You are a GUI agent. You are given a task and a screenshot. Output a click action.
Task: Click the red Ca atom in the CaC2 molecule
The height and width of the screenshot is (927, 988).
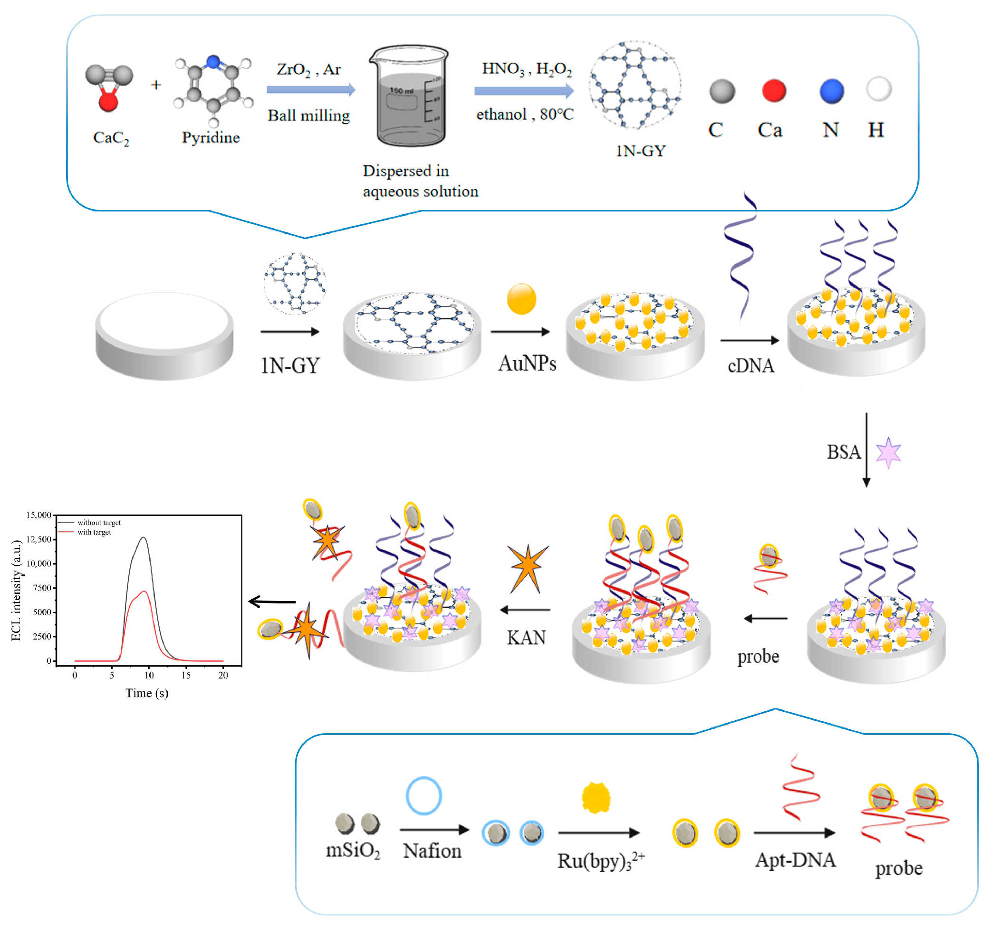(x=108, y=102)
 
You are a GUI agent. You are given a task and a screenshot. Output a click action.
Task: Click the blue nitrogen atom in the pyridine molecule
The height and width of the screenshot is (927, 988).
(x=213, y=62)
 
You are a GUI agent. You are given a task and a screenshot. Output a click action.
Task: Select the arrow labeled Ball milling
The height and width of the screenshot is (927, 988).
(x=311, y=90)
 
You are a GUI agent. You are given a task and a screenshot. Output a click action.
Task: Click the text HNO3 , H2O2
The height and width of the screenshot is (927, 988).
(x=527, y=69)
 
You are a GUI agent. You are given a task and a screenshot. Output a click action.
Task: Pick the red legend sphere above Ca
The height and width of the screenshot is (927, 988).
(x=773, y=91)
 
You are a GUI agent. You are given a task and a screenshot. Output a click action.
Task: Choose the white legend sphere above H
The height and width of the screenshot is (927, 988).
(x=878, y=89)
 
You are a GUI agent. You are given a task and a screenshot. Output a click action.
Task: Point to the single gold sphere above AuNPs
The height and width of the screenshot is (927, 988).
(x=521, y=299)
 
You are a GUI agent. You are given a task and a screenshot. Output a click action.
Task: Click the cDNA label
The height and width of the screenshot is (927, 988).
(x=750, y=366)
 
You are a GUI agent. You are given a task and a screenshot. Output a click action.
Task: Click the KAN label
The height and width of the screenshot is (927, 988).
(x=526, y=638)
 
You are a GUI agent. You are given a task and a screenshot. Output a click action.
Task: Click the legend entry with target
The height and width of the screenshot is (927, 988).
(x=94, y=532)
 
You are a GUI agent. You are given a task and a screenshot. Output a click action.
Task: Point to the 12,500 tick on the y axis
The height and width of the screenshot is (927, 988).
(x=39, y=539)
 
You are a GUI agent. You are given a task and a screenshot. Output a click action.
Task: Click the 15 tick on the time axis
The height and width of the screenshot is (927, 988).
(x=186, y=675)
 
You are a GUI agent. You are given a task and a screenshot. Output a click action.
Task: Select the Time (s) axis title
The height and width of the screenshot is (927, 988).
(x=147, y=693)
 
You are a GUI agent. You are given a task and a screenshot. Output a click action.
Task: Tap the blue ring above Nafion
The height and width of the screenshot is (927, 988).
(x=423, y=796)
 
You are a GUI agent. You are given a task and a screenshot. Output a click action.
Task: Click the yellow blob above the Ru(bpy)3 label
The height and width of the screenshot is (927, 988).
(x=595, y=798)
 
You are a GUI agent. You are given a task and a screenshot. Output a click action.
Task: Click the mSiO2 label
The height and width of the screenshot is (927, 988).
(x=353, y=851)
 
